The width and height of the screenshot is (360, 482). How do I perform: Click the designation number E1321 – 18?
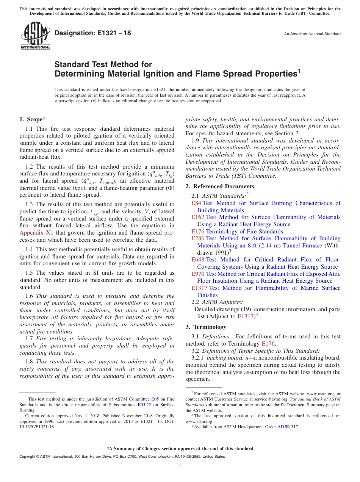click(92, 33)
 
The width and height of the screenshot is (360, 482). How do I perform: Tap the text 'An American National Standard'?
click(312, 34)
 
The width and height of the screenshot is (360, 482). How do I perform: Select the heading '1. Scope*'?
click(33, 119)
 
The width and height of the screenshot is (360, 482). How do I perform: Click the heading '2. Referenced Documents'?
click(220, 186)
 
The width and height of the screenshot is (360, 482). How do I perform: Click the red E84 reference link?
click(196, 203)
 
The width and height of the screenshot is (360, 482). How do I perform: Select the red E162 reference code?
click(198, 217)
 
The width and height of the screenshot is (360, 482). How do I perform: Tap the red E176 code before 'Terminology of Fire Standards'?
click(198, 232)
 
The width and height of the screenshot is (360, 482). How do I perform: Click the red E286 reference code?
click(198, 238)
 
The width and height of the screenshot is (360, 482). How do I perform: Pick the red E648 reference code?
click(198, 260)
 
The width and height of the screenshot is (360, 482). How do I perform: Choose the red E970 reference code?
click(198, 274)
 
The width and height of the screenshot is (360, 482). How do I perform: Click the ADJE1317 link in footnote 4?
click(288, 427)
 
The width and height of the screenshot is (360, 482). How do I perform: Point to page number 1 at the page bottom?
click(180, 466)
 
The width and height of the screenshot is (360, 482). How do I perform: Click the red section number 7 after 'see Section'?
click(297, 133)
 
